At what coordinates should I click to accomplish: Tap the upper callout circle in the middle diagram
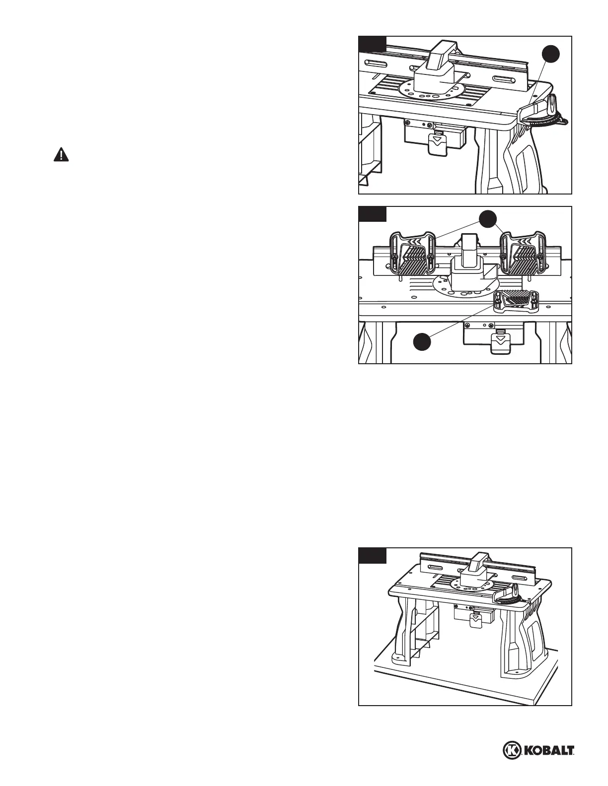(489, 220)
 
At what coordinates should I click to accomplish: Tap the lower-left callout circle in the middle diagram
(423, 343)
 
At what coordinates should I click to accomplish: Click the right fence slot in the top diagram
(507, 79)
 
